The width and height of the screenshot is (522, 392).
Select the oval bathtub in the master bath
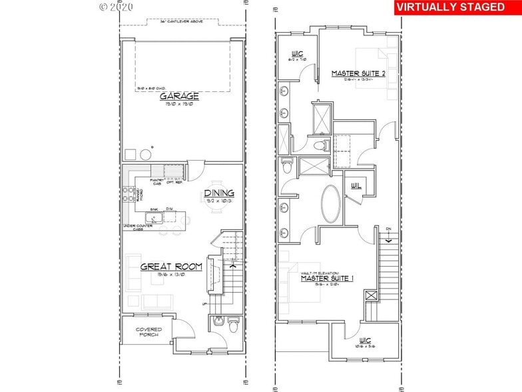tap(331, 204)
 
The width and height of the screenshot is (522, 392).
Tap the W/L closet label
tap(354, 187)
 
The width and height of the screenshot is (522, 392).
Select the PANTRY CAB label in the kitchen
tap(158, 182)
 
